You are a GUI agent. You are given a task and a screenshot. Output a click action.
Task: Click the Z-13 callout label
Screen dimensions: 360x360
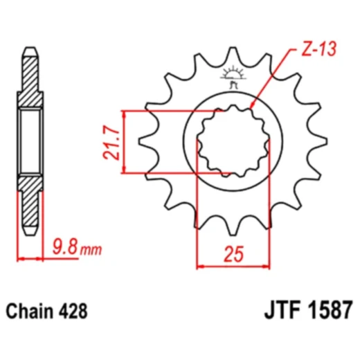319,49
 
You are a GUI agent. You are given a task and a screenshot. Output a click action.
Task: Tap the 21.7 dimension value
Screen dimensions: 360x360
111,142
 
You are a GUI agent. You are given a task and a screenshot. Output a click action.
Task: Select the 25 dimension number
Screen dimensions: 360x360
233,254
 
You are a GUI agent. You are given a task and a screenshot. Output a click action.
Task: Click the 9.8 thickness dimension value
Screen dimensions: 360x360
64,246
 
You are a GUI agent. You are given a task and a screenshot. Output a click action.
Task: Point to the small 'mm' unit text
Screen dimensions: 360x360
91,250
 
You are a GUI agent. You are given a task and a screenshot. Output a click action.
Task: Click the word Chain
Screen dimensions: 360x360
30,311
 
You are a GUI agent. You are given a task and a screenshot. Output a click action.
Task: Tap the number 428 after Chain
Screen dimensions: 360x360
73,311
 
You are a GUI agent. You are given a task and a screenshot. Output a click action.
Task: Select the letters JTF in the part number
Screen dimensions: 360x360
282,310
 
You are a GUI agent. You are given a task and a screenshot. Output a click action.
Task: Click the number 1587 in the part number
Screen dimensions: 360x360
330,310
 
